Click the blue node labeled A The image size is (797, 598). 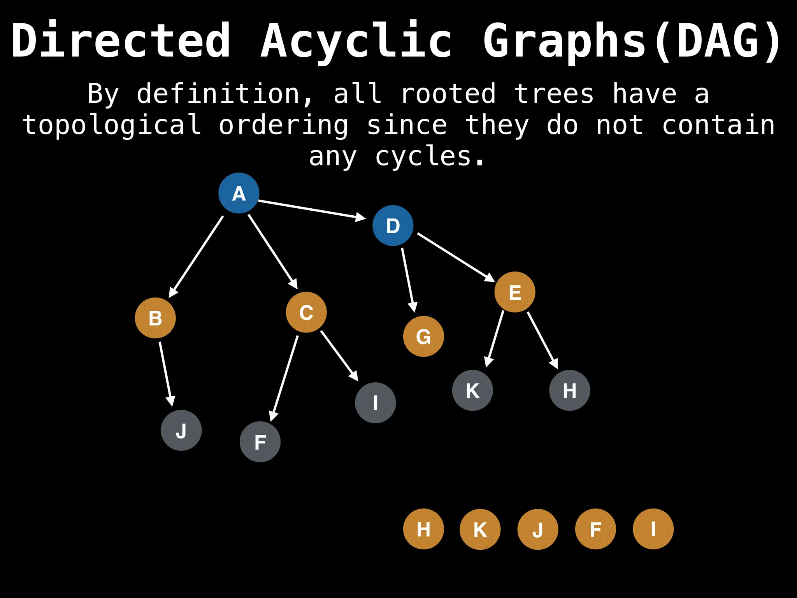(x=239, y=193)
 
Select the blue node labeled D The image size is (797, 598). (x=393, y=225)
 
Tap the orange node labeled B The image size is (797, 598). (x=155, y=318)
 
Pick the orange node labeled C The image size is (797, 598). (x=306, y=312)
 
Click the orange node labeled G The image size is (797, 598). (x=423, y=336)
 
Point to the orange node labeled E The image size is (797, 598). (x=515, y=292)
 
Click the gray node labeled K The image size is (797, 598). (x=472, y=390)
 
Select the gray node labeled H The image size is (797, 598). (x=569, y=390)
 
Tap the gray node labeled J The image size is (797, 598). (x=181, y=430)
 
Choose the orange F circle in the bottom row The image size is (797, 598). (x=595, y=529)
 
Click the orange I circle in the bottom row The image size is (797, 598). (x=653, y=529)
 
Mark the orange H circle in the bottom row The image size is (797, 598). (x=423, y=529)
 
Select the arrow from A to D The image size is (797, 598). (x=311, y=209)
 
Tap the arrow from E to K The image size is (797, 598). (x=495, y=339)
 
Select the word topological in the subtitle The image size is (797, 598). (x=112, y=125)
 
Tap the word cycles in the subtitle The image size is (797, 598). (x=430, y=157)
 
